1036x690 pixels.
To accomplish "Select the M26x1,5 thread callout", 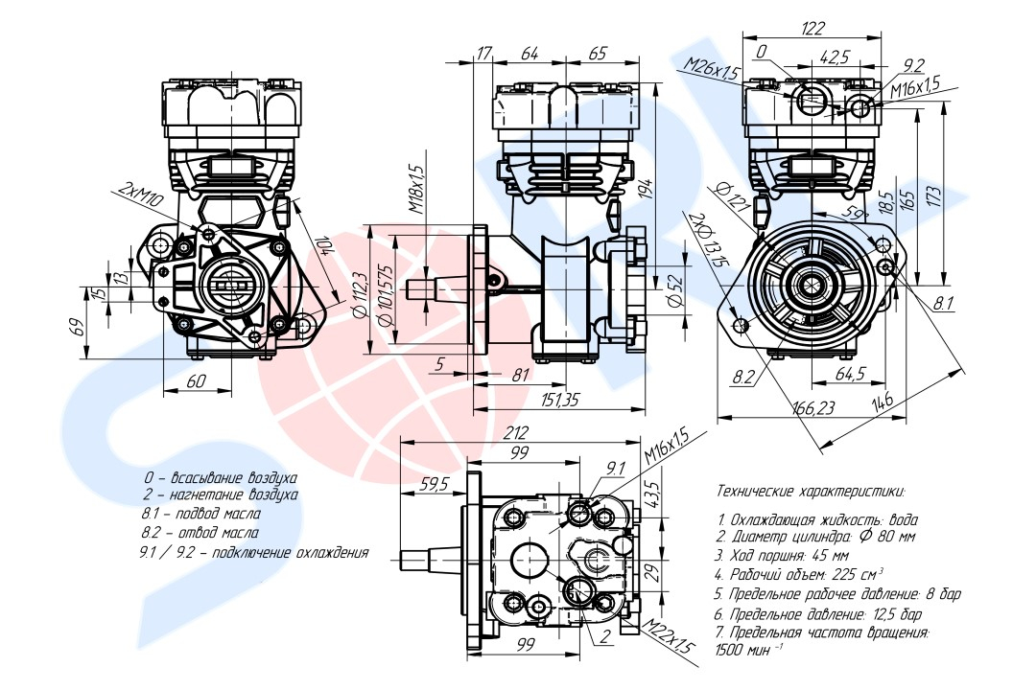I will [x=712, y=68].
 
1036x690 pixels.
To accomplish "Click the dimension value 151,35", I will [x=561, y=401].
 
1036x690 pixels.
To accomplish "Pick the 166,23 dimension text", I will [x=812, y=408].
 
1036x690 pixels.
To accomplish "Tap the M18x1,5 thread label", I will [x=416, y=188].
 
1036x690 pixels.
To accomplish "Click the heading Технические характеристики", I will [x=810, y=491].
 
